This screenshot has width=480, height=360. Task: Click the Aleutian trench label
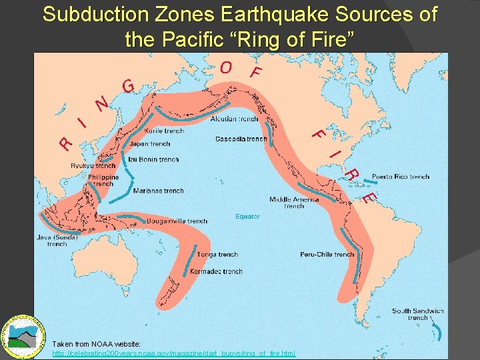pos(234,119)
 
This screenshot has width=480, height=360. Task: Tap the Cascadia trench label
pos(241,139)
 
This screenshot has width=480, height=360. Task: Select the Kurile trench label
pos(164,131)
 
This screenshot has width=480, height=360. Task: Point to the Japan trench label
pos(151,144)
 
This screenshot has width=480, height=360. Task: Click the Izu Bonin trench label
pos(154,160)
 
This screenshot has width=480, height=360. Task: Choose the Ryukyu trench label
pos(93,166)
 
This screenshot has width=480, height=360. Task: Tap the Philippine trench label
pos(103,180)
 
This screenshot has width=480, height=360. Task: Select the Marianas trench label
pos(159,191)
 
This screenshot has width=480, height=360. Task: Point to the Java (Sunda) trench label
pos(57,240)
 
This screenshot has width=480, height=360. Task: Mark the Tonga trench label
pos(218,255)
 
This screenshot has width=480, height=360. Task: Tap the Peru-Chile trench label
pos(327,255)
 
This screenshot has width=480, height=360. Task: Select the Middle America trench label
pos(294,203)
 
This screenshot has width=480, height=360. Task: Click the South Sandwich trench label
pos(418,314)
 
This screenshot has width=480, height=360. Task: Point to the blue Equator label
pos(247,217)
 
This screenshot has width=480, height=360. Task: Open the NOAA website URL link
pos(174,353)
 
